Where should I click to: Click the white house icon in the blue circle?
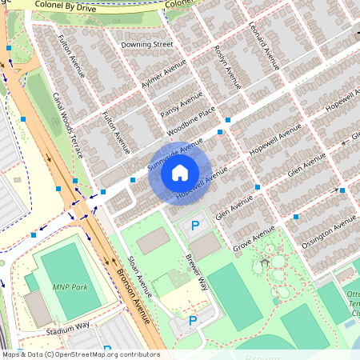(x=180, y=173)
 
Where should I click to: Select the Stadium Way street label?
(x=67, y=329)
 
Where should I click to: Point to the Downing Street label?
(x=146, y=45)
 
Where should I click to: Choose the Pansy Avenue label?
(x=181, y=105)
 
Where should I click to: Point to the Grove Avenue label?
(x=254, y=238)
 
